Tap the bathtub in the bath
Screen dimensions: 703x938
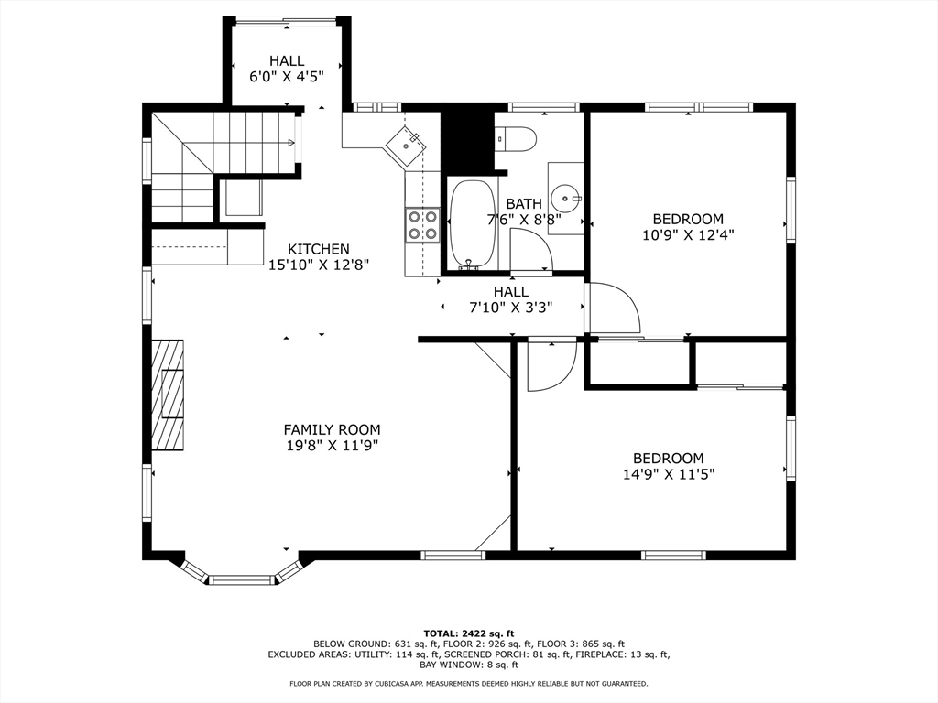473,222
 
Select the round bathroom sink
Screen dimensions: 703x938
567,198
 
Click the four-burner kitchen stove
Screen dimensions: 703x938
422,225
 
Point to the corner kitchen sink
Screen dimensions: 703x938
405,144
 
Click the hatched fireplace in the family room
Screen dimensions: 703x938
168,394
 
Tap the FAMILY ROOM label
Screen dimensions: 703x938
332,429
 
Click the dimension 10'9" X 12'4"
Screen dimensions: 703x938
688,234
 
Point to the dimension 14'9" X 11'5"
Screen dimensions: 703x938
668,474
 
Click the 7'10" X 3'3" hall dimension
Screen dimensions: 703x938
510,308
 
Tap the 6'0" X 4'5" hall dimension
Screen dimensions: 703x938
287,77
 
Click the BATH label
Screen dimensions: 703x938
524,203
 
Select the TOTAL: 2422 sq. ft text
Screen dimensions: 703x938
468,633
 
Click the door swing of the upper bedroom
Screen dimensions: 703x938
613,308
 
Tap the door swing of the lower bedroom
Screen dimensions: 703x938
552,365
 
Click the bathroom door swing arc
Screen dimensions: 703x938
530,250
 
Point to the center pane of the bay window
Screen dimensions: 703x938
242,579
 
